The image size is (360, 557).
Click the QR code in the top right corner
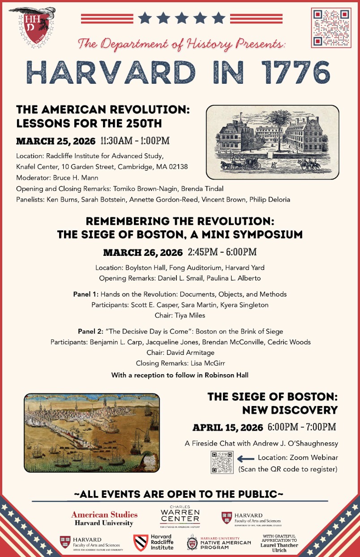click(x=332, y=28)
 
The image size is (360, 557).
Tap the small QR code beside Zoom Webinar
click(x=222, y=462)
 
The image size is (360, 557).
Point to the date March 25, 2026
click(x=56, y=141)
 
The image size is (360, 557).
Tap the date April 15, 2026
click(x=228, y=427)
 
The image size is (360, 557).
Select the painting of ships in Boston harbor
click(x=92, y=432)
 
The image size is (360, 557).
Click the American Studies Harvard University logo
click(x=104, y=518)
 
